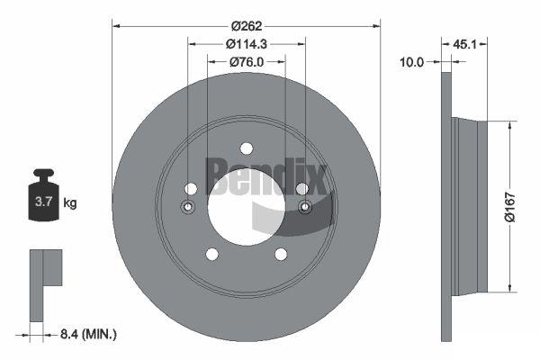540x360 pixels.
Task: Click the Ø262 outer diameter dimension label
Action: tap(247, 26)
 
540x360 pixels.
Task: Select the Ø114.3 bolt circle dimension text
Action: tap(247, 44)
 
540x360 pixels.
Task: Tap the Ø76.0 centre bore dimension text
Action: tap(247, 62)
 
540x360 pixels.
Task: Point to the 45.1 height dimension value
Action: tap(464, 44)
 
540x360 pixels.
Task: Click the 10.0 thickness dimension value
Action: tap(411, 62)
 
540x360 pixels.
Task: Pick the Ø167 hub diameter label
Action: tap(509, 207)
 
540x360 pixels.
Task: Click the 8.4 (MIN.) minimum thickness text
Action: tap(88, 334)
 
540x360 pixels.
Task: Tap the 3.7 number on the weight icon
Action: tap(43, 202)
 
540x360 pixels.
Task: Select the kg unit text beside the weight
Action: tap(70, 202)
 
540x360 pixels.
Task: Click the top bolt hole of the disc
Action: tap(247, 148)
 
